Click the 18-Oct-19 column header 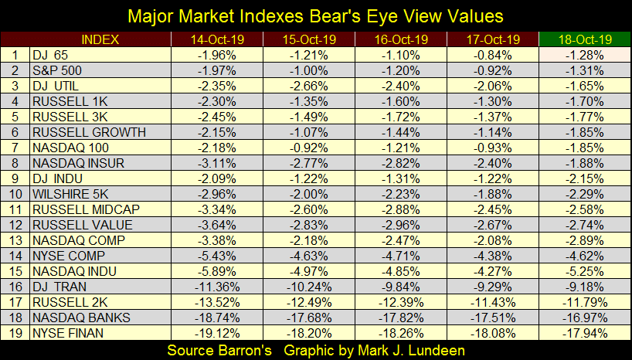(x=583, y=39)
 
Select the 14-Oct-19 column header (x=219, y=39)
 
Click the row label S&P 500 (x=58, y=70)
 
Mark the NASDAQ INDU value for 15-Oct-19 (x=310, y=271)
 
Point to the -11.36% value (x=219, y=287)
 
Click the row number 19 (x=15, y=333)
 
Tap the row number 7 (x=15, y=148)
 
